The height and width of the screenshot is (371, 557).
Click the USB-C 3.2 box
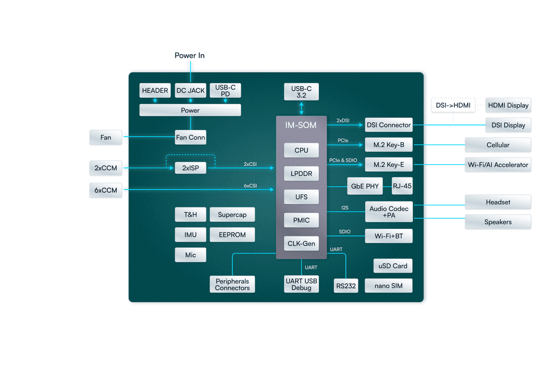coord(301,92)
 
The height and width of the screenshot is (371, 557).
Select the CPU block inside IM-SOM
coord(301,150)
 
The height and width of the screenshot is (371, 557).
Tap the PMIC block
coord(301,220)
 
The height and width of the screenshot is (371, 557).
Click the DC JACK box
coord(190,90)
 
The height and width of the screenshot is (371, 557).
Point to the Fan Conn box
coord(190,137)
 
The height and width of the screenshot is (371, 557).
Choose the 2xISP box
coord(190,168)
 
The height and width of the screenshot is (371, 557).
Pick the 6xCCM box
coord(106,190)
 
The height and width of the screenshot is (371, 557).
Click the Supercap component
coord(232,215)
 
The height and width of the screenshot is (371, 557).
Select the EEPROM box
coord(232,234)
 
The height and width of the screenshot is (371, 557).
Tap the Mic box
coord(190,255)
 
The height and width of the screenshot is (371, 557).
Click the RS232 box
coord(346,285)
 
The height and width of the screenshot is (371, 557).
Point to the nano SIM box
coord(388,285)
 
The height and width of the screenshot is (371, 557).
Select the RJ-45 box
coord(402,186)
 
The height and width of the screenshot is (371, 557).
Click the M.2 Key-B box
coord(388,145)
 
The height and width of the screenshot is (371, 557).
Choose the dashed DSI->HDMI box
coord(453,105)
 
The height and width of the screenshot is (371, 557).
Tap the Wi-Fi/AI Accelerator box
coord(498,164)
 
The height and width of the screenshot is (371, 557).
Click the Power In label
coord(189,56)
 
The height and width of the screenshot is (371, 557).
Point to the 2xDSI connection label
coord(342,121)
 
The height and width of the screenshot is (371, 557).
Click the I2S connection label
coord(345,208)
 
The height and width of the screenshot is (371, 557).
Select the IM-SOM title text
coord(301,125)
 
